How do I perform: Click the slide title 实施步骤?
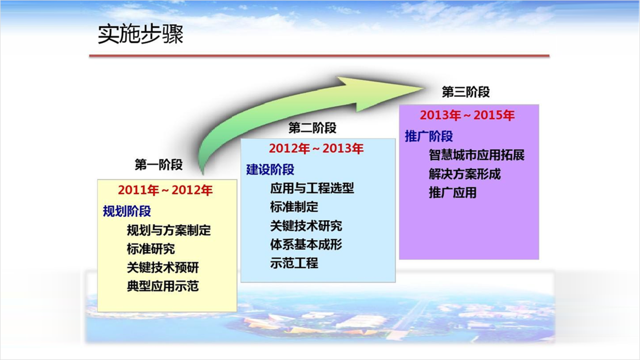(140, 35)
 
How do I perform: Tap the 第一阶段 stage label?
(158, 165)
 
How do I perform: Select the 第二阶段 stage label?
(312, 127)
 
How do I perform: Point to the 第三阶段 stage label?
(466, 92)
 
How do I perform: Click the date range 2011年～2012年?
(165, 190)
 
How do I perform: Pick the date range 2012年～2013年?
(316, 149)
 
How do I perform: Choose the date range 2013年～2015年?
(467, 115)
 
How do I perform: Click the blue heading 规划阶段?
(127, 211)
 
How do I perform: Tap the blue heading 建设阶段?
(270, 169)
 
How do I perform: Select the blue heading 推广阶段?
(429, 136)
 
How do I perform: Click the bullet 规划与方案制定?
(169, 231)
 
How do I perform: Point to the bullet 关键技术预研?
(163, 268)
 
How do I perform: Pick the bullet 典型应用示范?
(163, 286)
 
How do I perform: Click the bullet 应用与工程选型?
(312, 188)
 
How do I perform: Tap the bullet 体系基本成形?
(306, 244)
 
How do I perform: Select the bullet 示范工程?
(294, 263)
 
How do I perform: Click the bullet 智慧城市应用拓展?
(476, 155)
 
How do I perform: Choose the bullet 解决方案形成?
(465, 174)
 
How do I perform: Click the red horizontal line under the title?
(319, 56)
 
